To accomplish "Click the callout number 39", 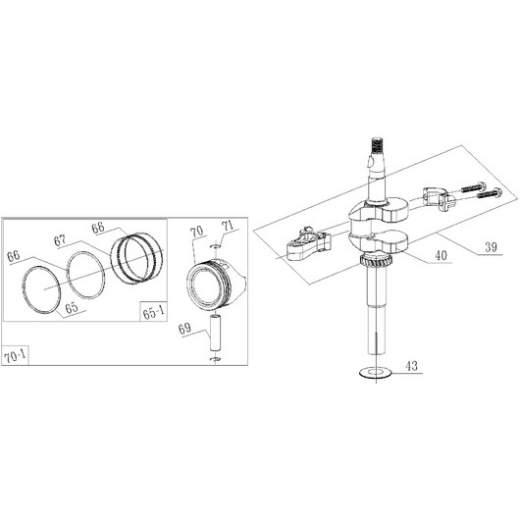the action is point(491,247).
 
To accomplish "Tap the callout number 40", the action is point(442,256).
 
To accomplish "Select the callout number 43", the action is point(411,366).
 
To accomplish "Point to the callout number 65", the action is point(72,308).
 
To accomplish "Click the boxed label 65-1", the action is point(153,312).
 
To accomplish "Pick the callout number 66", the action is point(14,256).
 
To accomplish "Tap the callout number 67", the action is point(60,240).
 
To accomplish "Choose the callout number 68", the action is point(98,228).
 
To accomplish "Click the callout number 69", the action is point(184,329).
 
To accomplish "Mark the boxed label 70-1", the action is point(15,356).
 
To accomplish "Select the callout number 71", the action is point(228,227).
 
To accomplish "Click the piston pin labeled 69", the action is point(216,333).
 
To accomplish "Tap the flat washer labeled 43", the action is point(376,373).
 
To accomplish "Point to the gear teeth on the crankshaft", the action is point(376,262).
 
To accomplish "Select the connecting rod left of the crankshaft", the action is point(309,244).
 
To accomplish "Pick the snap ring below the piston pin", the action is point(216,359).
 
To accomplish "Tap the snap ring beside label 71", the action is point(215,246).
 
